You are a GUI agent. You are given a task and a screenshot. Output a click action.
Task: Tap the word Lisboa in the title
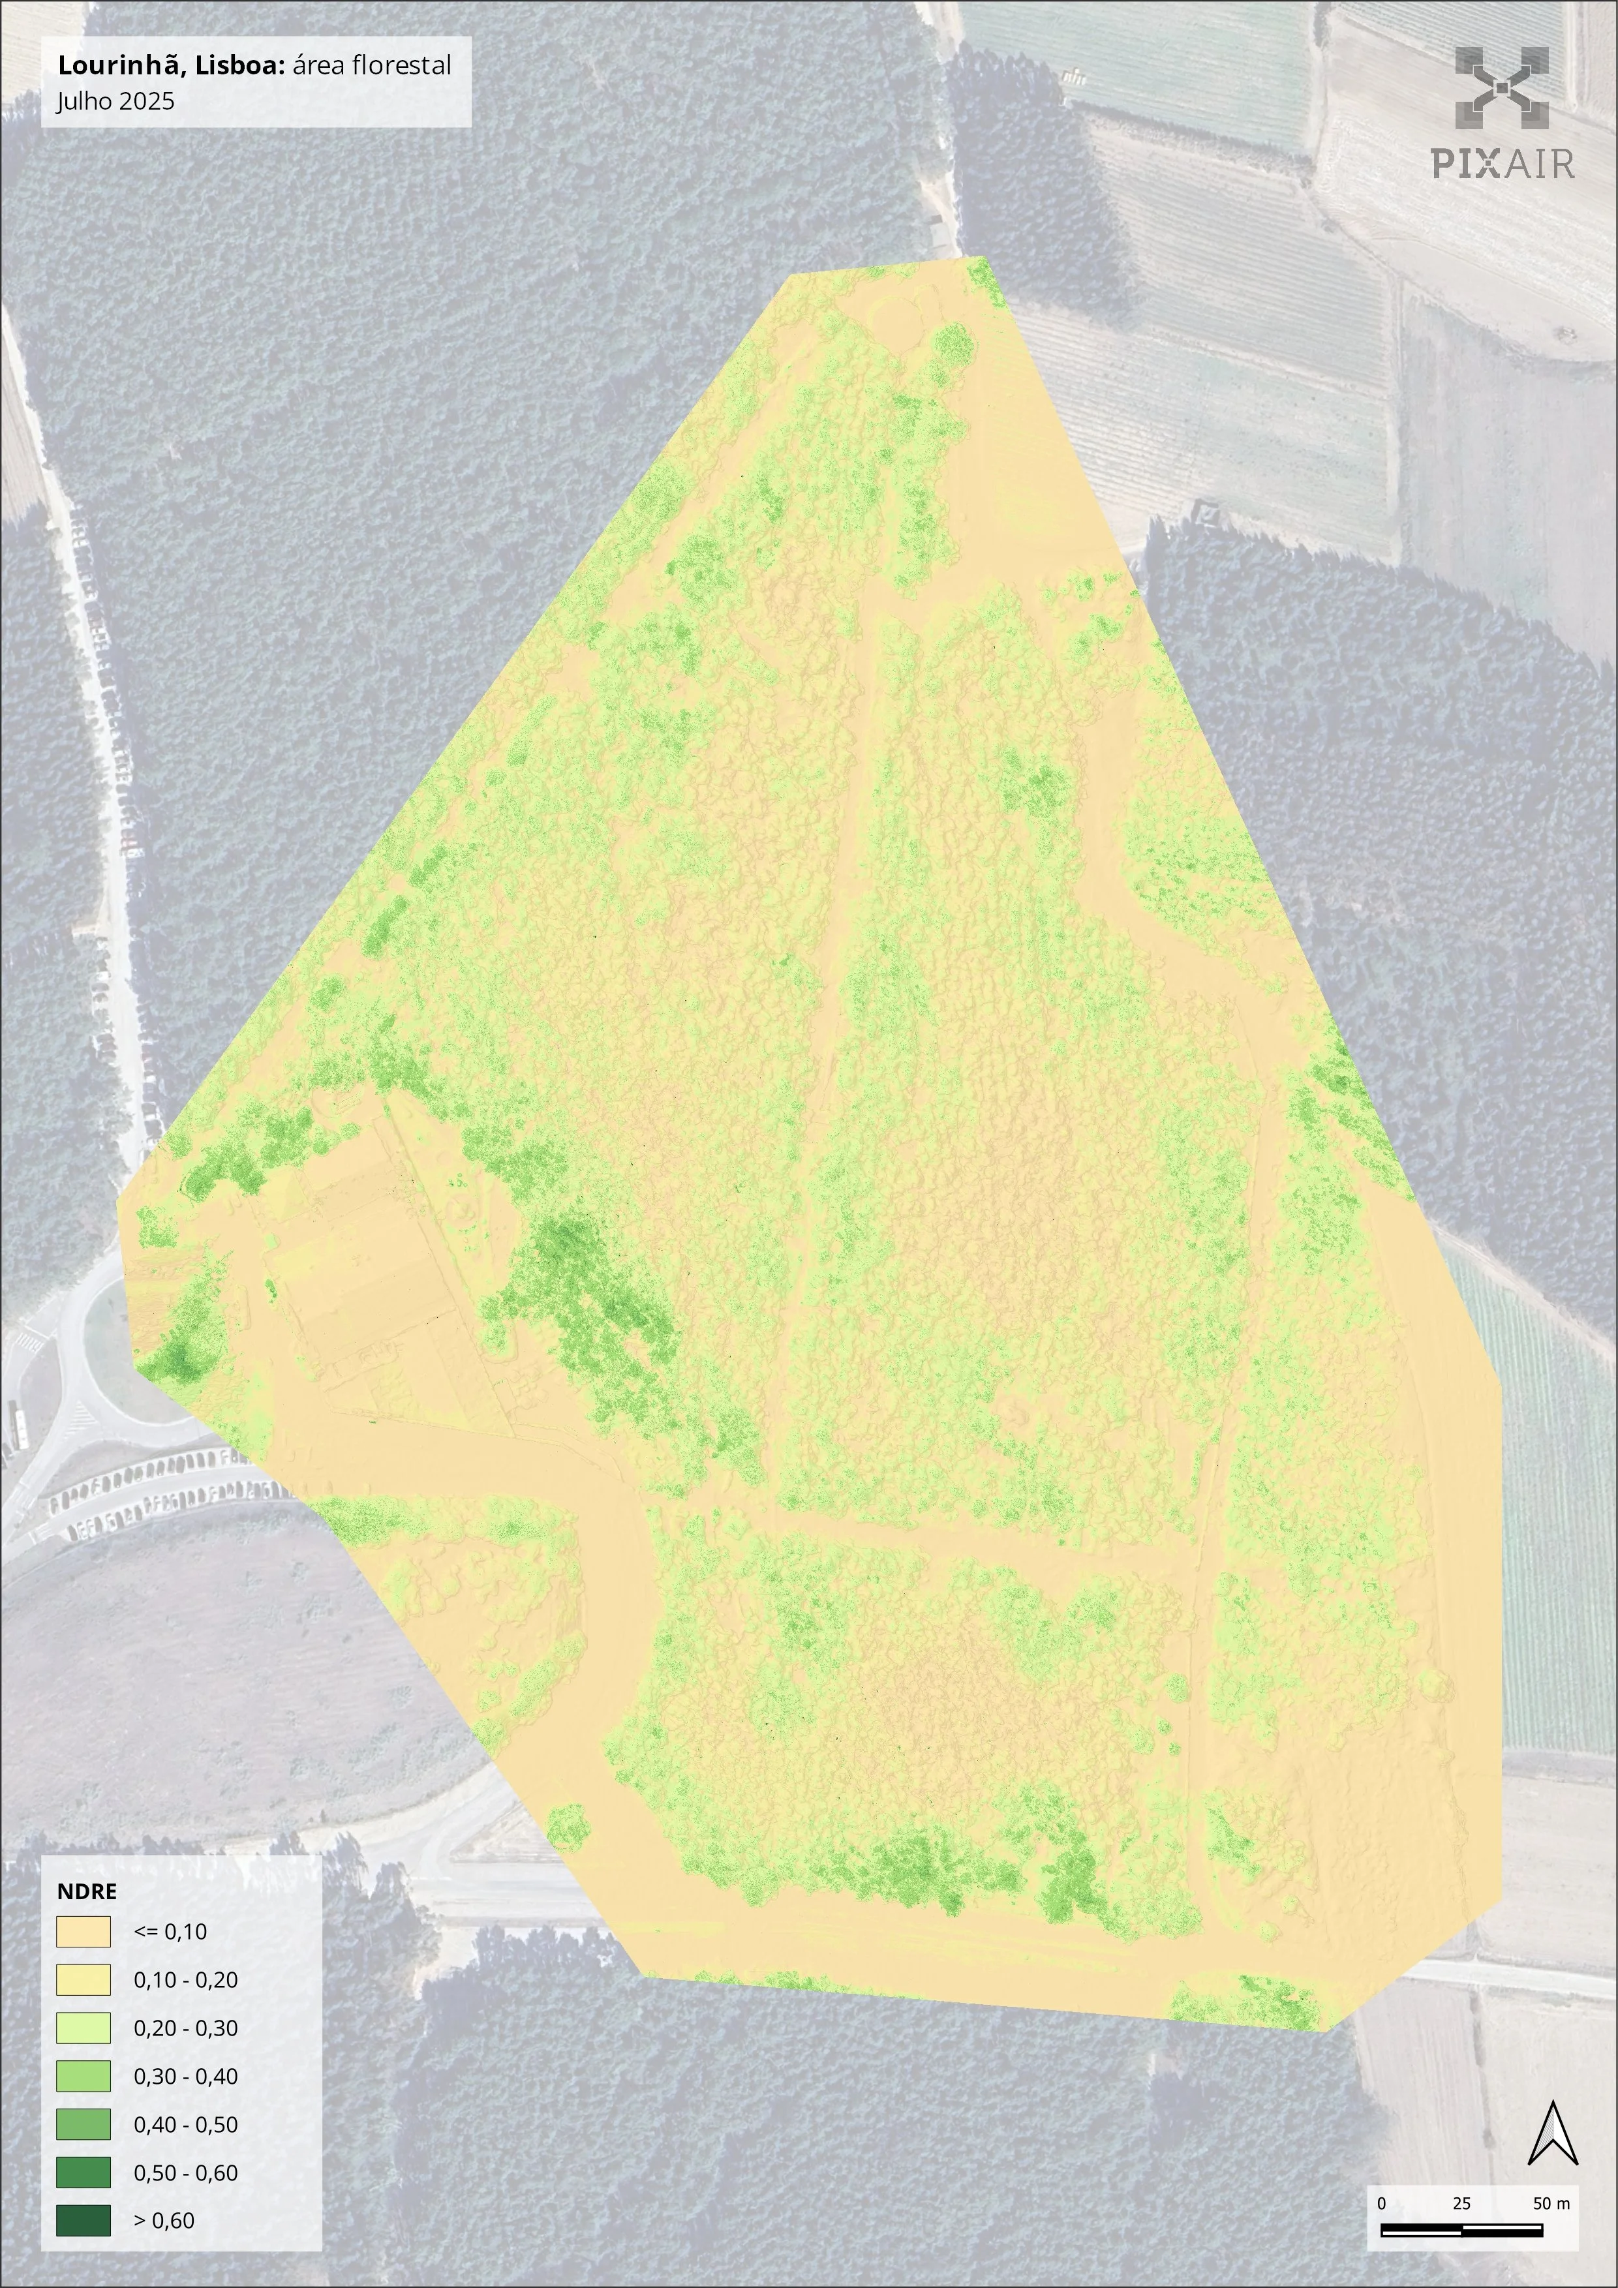point(240,66)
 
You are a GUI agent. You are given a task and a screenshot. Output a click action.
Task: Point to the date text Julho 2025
point(115,100)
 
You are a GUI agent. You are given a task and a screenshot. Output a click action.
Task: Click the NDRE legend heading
point(87,1891)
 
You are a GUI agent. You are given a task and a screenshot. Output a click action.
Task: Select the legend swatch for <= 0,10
point(83,1931)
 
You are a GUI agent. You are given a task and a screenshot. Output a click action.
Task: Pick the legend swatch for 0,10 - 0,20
point(83,1979)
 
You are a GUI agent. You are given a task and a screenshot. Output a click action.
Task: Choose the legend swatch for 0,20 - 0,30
point(83,2028)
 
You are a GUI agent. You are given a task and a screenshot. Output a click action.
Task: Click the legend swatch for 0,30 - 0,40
point(83,2076)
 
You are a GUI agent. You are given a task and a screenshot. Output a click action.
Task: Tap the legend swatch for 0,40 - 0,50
point(83,2124)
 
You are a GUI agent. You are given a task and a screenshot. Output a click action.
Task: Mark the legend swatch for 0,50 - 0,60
point(83,2173)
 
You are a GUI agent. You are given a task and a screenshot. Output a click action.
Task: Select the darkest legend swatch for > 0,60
point(83,2220)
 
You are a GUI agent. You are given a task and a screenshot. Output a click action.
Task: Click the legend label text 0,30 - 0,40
point(185,2077)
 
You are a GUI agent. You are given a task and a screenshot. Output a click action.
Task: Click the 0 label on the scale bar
point(1381,2203)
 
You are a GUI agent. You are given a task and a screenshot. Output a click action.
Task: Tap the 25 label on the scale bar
point(1461,2203)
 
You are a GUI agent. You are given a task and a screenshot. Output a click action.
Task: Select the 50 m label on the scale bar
point(1550,2203)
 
